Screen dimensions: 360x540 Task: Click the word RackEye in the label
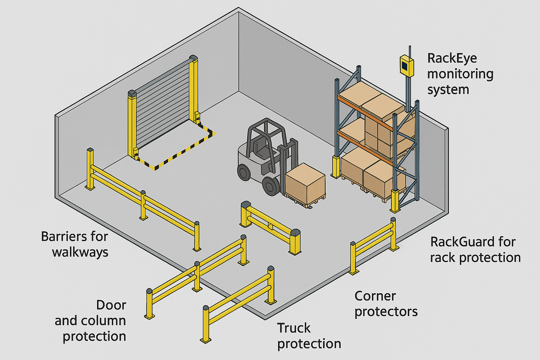coord(452,58)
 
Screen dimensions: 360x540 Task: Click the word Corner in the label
coord(375,296)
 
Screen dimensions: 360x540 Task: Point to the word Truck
coord(294,328)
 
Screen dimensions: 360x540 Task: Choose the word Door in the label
coord(111,305)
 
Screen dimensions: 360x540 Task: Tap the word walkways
coord(80,252)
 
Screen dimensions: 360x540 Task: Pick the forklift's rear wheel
coord(244,172)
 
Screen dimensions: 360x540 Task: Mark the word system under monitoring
coord(448,89)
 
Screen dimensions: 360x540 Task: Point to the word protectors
coord(386,312)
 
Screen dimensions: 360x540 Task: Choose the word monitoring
coord(460,74)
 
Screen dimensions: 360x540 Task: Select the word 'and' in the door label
coord(66,321)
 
